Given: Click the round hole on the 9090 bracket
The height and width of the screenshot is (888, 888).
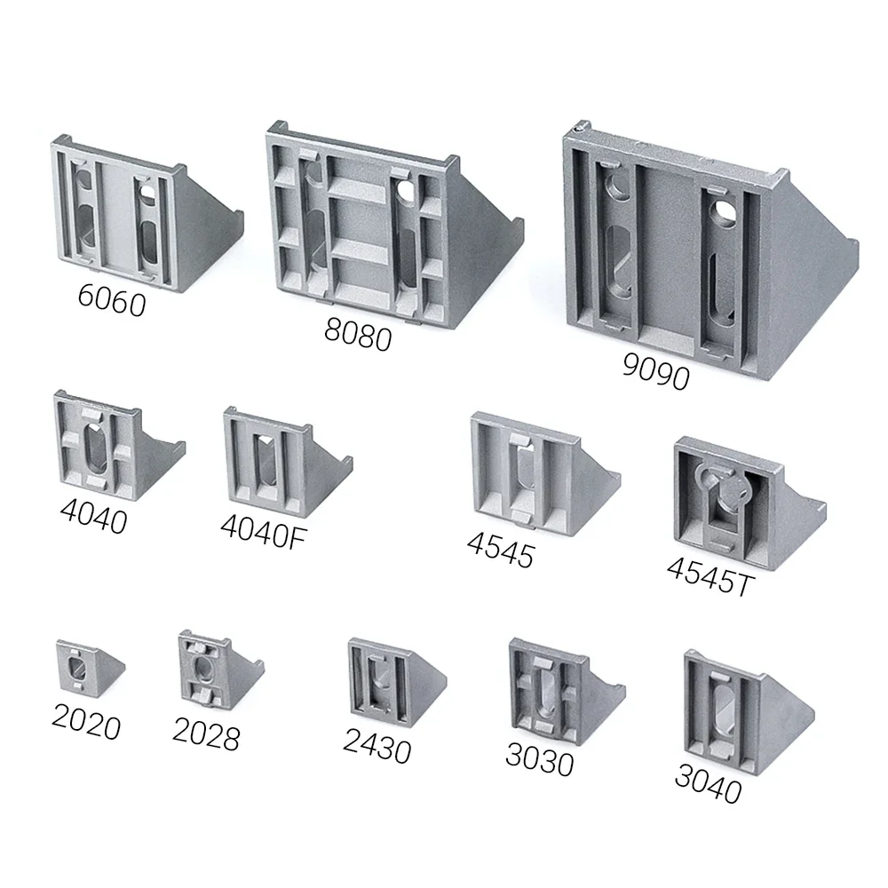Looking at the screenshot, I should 726,210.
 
